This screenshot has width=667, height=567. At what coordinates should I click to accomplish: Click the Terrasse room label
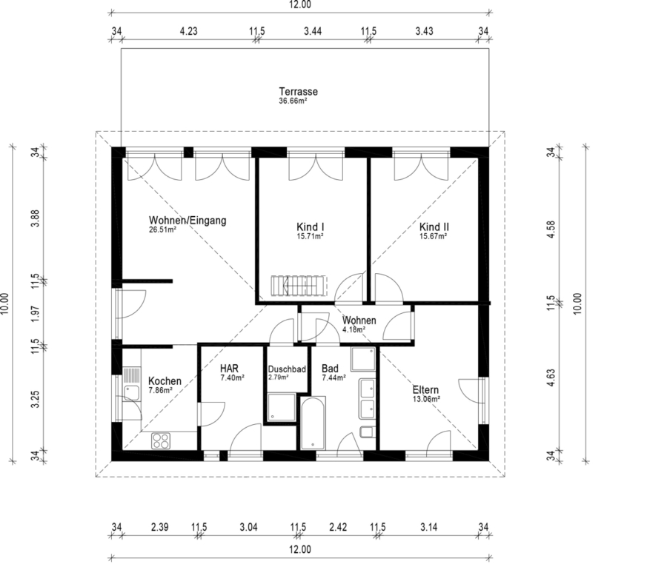click(298, 91)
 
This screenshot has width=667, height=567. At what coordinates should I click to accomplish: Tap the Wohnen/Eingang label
click(188, 221)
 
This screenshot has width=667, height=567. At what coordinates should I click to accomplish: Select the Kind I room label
click(310, 227)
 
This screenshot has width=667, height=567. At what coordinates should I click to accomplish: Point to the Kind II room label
click(434, 227)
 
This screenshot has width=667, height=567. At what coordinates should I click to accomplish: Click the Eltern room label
click(425, 390)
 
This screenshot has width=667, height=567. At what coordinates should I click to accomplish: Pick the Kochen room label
click(165, 381)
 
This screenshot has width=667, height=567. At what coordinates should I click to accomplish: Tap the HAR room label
click(229, 368)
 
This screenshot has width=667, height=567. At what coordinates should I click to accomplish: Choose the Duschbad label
click(287, 369)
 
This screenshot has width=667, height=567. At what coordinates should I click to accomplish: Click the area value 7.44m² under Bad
click(334, 378)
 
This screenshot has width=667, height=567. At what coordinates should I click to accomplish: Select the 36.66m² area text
click(293, 101)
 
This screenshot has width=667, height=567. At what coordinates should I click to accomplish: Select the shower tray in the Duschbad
click(282, 407)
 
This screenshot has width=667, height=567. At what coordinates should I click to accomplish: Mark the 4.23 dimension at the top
click(188, 31)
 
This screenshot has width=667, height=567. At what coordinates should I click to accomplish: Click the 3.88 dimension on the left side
click(36, 218)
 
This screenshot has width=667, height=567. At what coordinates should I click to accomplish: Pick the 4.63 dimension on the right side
click(551, 378)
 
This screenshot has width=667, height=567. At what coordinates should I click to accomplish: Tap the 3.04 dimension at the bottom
click(248, 527)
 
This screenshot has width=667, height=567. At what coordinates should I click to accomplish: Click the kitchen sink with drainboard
click(131, 384)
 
